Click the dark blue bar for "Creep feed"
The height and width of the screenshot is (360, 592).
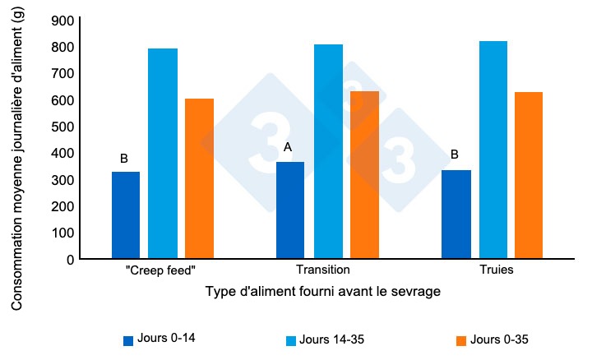126,215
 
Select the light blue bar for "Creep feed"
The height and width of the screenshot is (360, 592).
163,154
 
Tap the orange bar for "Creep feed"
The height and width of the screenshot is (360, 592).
199,178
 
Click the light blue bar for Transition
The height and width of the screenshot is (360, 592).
328,151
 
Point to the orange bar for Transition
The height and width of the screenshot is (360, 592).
364,175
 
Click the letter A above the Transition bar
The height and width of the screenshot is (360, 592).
288,147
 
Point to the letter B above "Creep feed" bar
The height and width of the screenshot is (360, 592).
123,158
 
